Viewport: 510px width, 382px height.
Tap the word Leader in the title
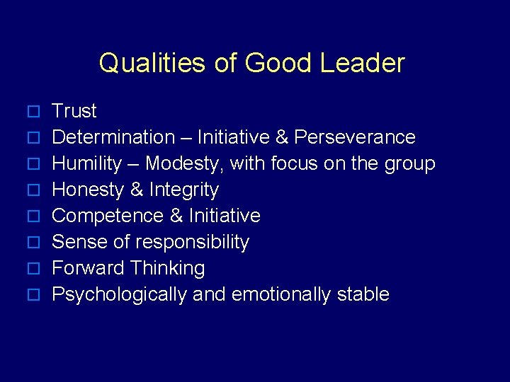tap(362, 63)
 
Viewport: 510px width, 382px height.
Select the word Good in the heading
tap(278, 63)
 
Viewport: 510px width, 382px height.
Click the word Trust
tap(74, 111)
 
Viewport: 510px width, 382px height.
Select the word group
tap(409, 164)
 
